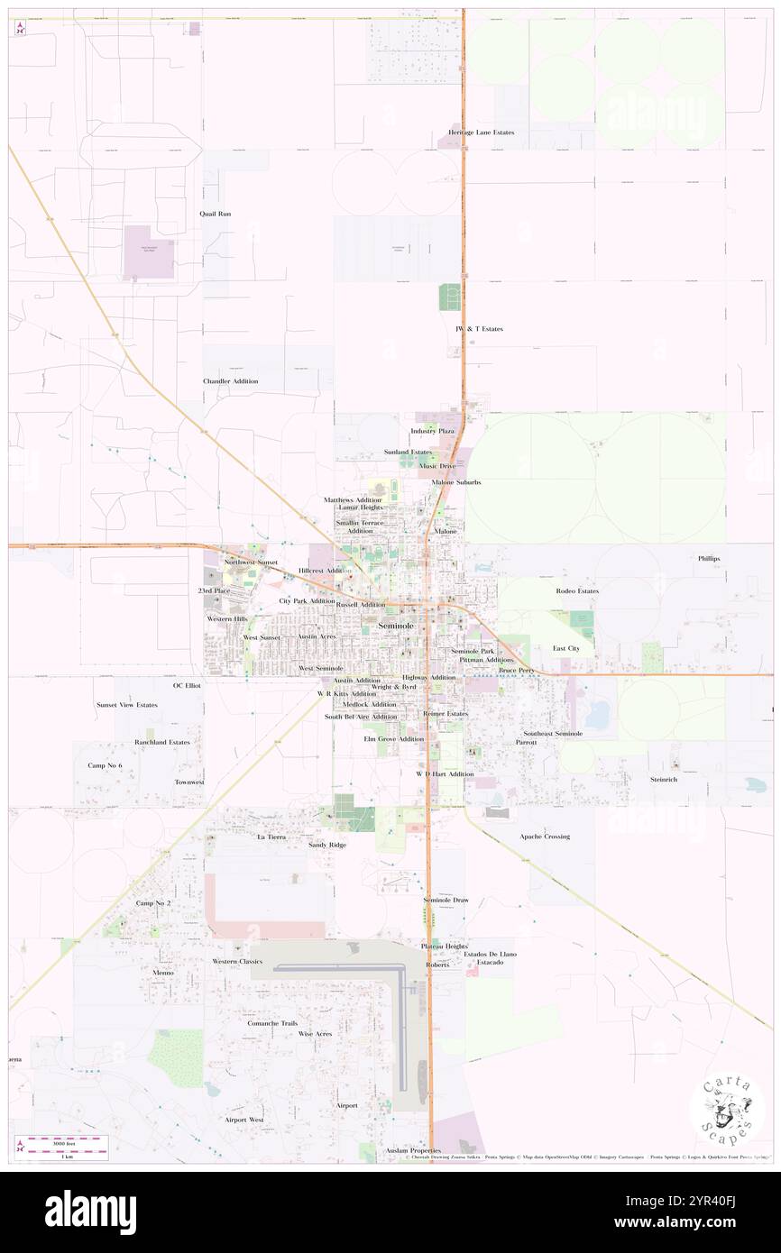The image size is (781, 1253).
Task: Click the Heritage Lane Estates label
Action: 481,133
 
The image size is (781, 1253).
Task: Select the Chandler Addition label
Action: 230,381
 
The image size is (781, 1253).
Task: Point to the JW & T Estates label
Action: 479,329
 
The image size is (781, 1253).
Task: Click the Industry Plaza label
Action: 433,432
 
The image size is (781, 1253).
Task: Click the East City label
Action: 566,649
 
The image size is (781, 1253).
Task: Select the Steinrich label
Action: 663,779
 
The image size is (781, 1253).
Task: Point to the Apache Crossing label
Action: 545,837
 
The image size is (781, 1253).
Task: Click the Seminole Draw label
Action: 446,901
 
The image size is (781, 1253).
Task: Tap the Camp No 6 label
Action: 105,765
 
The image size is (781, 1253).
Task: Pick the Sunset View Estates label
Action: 127,705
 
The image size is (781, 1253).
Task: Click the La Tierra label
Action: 271,837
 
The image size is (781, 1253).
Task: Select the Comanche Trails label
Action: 272,1023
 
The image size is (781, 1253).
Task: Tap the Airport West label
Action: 244,1120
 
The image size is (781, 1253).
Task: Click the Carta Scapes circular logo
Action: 727,1110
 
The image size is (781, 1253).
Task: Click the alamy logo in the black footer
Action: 90,1212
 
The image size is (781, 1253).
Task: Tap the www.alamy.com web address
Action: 685,1222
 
